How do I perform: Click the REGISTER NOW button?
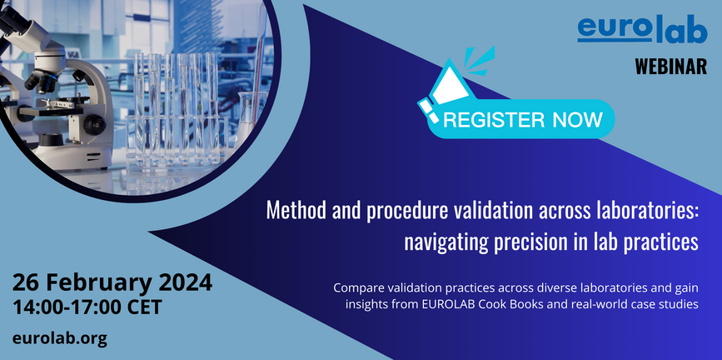[523, 119]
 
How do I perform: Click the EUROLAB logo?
[642, 32]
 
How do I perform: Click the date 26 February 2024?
[112, 282]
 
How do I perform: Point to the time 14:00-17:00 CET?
[95, 307]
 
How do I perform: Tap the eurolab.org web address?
[60, 337]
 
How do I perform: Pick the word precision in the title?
[529, 242]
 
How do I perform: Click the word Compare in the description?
[360, 287]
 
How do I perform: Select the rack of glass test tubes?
[179, 104]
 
